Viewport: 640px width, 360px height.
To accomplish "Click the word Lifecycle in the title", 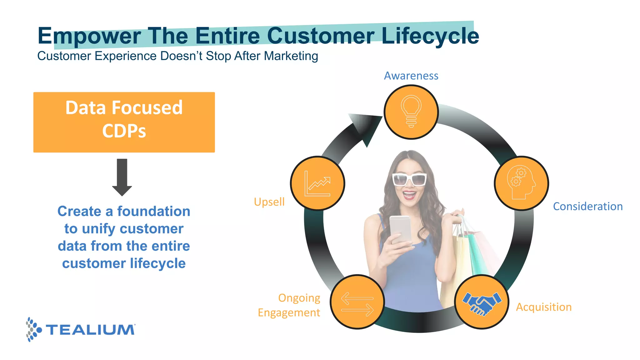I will [430, 36].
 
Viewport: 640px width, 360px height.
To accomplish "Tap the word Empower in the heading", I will [89, 36].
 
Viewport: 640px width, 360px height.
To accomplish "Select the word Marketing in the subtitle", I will [291, 56].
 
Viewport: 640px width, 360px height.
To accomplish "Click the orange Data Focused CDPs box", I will [124, 122].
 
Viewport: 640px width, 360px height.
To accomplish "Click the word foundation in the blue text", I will [153, 212].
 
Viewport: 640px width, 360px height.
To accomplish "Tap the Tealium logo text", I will [90, 330].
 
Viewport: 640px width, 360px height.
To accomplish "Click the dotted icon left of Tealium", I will [33, 329].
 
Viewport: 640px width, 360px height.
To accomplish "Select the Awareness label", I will [411, 76].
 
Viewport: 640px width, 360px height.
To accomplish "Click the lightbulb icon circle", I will [411, 112].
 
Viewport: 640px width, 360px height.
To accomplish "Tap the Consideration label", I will [588, 207].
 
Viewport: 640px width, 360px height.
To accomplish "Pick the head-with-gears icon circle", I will [521, 183].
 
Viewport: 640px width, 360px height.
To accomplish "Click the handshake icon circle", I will [482, 302].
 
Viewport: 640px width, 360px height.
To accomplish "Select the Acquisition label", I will [543, 307].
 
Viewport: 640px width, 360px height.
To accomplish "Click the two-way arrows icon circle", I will [357, 302].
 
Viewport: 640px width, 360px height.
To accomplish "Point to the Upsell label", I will [269, 202].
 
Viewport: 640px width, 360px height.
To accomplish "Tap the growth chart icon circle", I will [317, 183].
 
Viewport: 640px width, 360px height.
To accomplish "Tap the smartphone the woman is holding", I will [400, 230].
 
